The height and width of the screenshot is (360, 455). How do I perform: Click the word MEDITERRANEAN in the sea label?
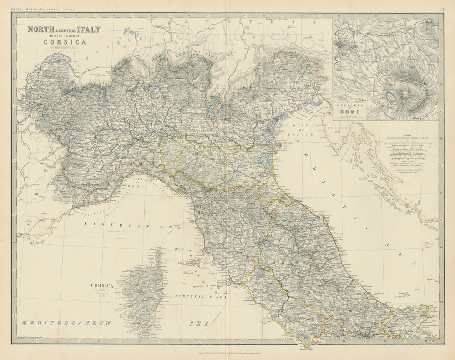click(x=66, y=323)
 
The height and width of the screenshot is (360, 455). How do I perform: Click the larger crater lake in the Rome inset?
click(x=390, y=96)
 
